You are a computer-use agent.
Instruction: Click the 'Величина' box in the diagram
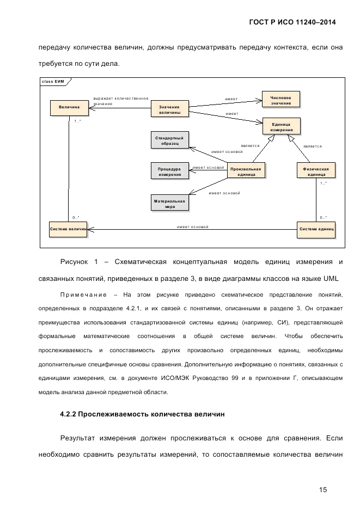coord(69,108)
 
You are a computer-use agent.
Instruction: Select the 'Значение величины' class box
coord(169,109)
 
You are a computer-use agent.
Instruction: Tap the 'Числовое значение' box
coord(280,100)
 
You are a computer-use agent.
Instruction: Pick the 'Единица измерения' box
coord(282,127)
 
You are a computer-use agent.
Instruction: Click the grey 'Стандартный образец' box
coord(169,141)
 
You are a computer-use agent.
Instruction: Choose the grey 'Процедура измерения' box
coord(169,171)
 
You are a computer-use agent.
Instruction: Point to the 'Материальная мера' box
coord(169,204)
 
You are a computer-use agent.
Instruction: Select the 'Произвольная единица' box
coord(246,171)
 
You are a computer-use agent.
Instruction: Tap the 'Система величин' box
coord(68,229)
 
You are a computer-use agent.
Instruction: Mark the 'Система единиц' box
coord(316,229)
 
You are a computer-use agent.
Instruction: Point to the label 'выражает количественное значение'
coord(120,101)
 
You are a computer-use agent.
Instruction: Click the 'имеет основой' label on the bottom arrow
coord(192,226)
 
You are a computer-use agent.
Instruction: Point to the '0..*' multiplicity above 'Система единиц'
coord(323,217)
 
